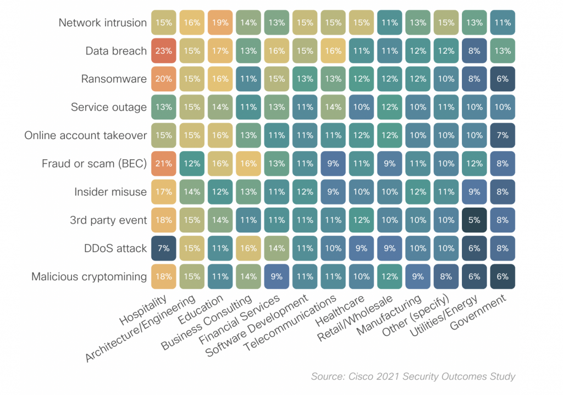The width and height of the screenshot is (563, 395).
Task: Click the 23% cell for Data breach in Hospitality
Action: pyautogui.click(x=164, y=51)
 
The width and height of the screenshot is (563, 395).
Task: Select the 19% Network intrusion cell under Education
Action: pyautogui.click(x=220, y=23)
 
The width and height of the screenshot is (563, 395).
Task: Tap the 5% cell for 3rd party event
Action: pyautogui.click(x=474, y=220)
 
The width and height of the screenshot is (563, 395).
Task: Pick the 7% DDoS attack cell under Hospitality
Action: pyautogui.click(x=164, y=248)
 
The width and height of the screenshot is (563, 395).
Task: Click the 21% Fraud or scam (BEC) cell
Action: pyautogui.click(x=164, y=163)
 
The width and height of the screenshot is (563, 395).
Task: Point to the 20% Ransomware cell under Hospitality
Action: pyautogui.click(x=164, y=79)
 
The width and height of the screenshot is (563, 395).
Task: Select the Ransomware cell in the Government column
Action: pyautogui.click(x=503, y=79)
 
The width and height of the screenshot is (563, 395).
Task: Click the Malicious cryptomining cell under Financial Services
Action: pyautogui.click(x=277, y=276)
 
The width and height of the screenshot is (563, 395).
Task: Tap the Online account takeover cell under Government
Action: pyautogui.click(x=503, y=135)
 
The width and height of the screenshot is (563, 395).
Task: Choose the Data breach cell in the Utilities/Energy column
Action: pyautogui.click(x=474, y=51)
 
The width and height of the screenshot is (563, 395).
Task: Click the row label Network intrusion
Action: pyautogui.click(x=103, y=23)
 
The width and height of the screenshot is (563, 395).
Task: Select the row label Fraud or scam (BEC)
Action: pyautogui.click(x=94, y=163)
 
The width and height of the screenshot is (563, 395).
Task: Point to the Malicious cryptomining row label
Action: pyautogui.click(x=89, y=276)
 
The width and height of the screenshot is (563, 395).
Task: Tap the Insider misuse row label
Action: pyautogui.click(x=111, y=192)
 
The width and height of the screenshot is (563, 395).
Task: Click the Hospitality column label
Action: pyautogui.click(x=143, y=310)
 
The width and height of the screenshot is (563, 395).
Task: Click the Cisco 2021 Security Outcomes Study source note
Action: pyautogui.click(x=413, y=376)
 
